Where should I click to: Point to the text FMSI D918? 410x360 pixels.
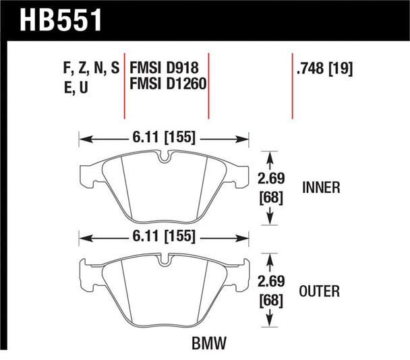click(x=164, y=68)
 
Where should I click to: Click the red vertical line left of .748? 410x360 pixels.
click(x=292, y=88)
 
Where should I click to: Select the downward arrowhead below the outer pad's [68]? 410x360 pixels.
click(x=270, y=321)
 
